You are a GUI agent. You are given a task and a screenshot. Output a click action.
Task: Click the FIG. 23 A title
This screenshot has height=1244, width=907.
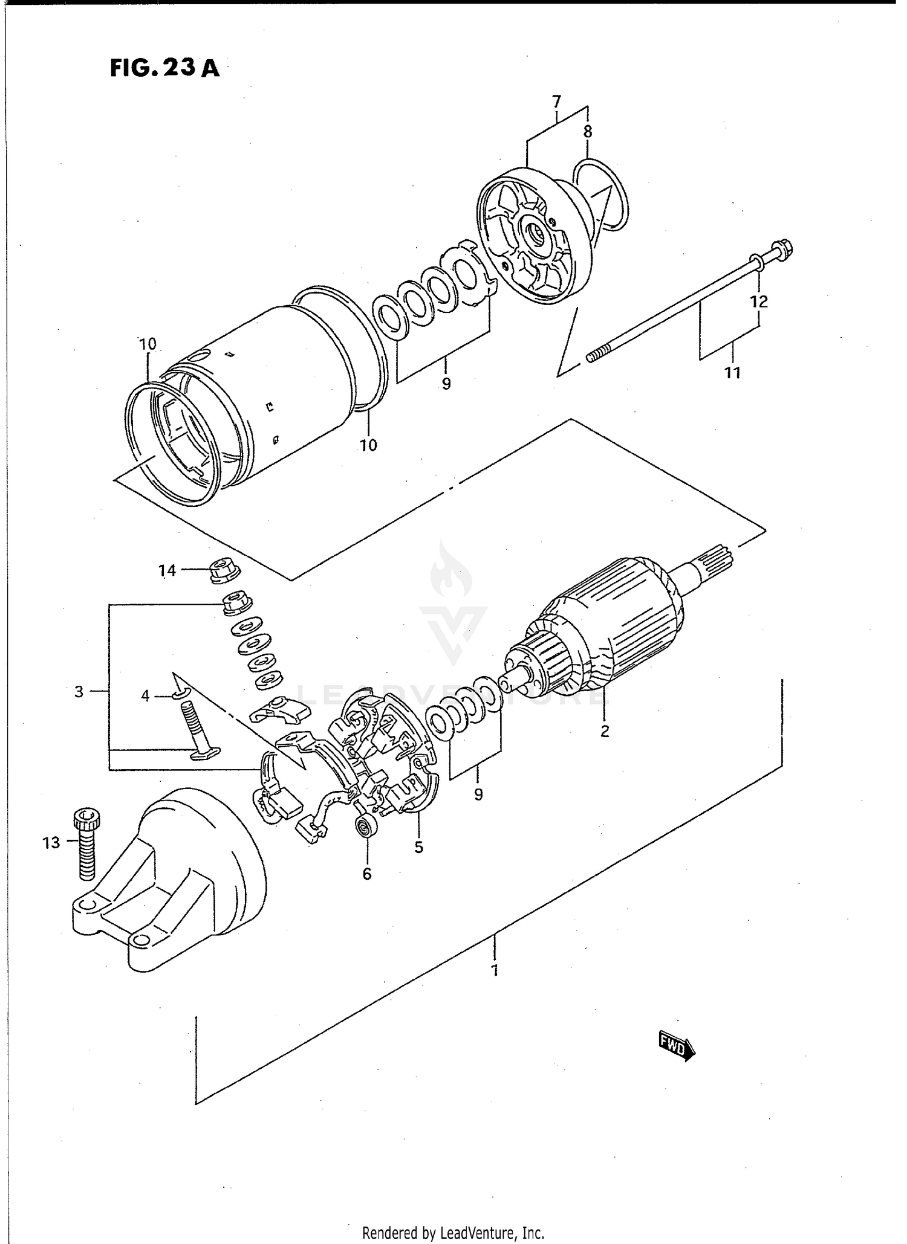pos(164,68)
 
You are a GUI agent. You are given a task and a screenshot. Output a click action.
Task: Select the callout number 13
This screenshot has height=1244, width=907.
pos(51,842)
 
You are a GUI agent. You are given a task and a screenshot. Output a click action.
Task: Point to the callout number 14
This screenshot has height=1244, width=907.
pos(167,570)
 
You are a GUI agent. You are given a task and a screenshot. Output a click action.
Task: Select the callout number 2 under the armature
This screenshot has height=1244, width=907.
pos(604,731)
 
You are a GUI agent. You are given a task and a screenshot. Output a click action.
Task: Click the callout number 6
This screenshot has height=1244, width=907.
pos(367,874)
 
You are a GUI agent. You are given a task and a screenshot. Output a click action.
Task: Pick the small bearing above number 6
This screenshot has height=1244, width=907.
pos(366,825)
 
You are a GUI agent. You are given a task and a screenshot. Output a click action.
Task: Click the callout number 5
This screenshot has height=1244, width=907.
pos(418,847)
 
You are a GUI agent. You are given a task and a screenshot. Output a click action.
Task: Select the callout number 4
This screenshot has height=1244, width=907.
pos(145,696)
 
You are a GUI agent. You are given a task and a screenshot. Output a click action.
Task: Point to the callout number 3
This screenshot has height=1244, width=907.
pos(79,691)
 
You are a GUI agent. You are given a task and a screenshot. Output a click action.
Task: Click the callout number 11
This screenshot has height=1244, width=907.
pos(732,373)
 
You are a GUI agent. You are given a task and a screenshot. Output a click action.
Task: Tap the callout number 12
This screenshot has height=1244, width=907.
pos(759,301)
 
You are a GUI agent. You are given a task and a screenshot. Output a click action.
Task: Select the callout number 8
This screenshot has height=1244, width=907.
pos(588,131)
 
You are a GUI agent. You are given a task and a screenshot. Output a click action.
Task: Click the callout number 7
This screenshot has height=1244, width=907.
pos(556,100)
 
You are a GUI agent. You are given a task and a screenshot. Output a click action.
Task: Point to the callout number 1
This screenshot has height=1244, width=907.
pos(495,971)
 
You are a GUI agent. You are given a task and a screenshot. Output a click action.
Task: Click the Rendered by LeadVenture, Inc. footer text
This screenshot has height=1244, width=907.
pos(453,1233)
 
